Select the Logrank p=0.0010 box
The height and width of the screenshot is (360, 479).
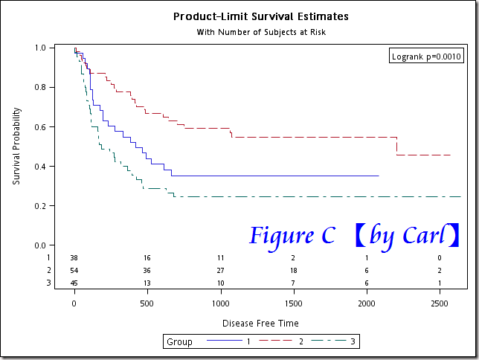click(427, 57)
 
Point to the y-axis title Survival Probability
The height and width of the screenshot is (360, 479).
click(16, 147)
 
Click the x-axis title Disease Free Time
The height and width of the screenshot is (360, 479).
click(260, 324)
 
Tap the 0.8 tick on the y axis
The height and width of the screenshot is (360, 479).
click(40, 87)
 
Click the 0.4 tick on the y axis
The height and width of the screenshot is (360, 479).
click(40, 166)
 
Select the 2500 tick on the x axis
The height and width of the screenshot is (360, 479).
click(440, 303)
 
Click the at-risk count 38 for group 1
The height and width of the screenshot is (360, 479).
click(74, 257)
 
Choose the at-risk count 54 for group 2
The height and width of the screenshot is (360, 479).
click(74, 270)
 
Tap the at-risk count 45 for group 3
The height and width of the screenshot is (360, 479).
click(74, 283)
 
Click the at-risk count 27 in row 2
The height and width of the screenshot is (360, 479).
click(220, 270)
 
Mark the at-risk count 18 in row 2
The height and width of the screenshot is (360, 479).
click(293, 270)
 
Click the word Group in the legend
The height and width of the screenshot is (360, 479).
click(179, 342)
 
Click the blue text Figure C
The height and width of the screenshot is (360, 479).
click(292, 236)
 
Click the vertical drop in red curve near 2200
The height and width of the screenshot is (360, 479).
click(396, 146)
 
